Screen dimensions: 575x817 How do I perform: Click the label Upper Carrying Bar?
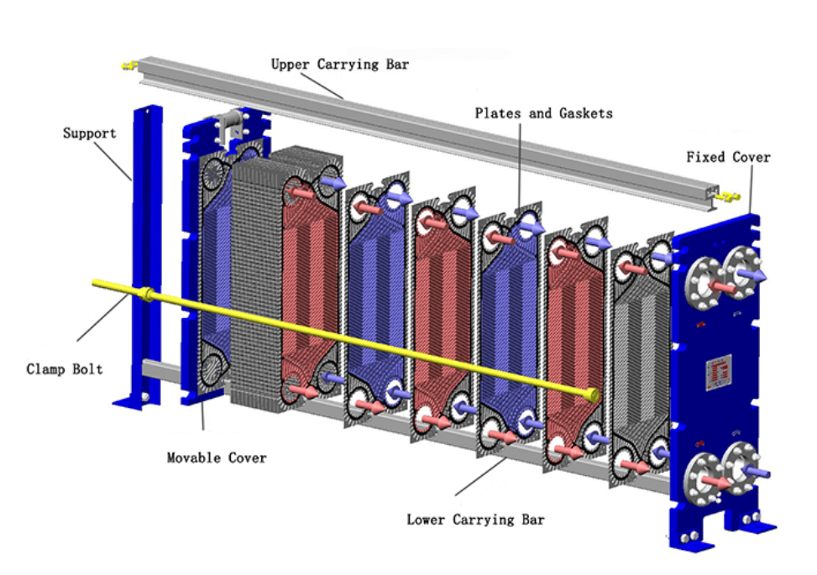pyautogui.click(x=339, y=64)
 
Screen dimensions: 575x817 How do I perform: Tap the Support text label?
pyautogui.click(x=89, y=133)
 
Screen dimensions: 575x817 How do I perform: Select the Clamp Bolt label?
pyautogui.click(x=65, y=369)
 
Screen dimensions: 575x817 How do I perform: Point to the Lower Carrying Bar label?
pyautogui.click(x=475, y=520)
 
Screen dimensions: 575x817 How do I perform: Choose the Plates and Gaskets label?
pyautogui.click(x=543, y=112)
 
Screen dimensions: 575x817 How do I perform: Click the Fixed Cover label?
pyautogui.click(x=727, y=157)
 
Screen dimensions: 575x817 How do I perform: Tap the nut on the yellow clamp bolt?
pyautogui.click(x=148, y=294)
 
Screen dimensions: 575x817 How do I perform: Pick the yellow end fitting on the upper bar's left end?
pyautogui.click(x=128, y=64)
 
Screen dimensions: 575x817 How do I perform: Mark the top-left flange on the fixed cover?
pyautogui.click(x=703, y=282)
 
